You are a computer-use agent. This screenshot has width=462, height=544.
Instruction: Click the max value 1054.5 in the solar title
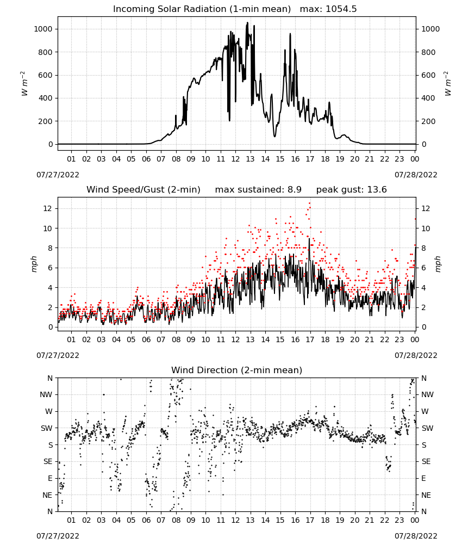(341, 9)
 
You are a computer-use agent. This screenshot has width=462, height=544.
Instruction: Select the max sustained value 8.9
(294, 190)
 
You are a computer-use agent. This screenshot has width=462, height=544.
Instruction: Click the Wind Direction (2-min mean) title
(237, 370)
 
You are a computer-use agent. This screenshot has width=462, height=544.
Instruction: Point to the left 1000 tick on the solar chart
(43, 29)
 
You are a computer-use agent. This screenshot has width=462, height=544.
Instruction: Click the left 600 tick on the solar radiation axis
(46, 75)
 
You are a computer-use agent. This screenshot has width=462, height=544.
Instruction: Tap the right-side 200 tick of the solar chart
(428, 121)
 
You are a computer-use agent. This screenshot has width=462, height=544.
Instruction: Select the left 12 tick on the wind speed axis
(48, 208)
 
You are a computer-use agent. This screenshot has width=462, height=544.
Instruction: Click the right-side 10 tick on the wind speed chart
(426, 228)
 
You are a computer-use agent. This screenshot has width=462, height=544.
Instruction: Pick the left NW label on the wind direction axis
(46, 394)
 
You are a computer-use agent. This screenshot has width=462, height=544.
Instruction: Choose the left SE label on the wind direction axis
(48, 461)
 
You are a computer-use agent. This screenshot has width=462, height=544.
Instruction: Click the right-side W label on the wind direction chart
(424, 411)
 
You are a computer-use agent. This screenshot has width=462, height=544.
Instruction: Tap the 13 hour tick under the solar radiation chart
(250, 159)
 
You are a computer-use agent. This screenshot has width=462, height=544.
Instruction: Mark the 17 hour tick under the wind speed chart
(310, 339)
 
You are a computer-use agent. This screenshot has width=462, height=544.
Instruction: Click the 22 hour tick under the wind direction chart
(385, 520)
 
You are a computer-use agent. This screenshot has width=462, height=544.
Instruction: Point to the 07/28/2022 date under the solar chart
(416, 175)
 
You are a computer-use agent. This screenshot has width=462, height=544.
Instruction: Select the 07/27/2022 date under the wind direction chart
(58, 536)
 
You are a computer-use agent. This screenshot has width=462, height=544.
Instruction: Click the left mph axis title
(34, 264)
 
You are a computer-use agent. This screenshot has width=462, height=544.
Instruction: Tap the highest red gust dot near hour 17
(309, 203)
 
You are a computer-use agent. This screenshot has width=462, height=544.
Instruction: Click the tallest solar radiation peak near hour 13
(247, 22)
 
